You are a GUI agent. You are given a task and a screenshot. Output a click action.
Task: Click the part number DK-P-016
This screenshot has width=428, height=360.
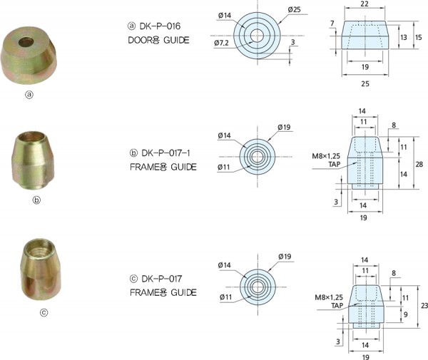(x=160, y=26)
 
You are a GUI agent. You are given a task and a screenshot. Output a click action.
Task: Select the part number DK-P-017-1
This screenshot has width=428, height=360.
(x=165, y=153)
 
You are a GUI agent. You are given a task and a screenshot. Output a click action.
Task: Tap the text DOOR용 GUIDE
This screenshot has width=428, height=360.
(x=158, y=41)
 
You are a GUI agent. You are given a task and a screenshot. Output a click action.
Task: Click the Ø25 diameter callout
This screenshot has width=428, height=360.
(x=294, y=10)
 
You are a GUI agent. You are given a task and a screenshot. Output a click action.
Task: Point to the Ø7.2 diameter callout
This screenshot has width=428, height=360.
(x=221, y=43)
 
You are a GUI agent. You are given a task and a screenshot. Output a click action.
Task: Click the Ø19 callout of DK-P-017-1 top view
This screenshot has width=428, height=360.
(x=284, y=127)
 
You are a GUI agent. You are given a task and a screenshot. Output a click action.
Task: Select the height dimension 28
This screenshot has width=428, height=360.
(x=419, y=164)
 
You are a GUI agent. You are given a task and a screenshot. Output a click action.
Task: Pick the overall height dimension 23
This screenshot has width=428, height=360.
(x=424, y=306)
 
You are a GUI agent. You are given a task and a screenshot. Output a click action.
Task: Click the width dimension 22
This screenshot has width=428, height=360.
(x=365, y=4)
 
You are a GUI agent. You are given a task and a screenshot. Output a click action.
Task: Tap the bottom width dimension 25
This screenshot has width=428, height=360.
(x=365, y=83)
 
